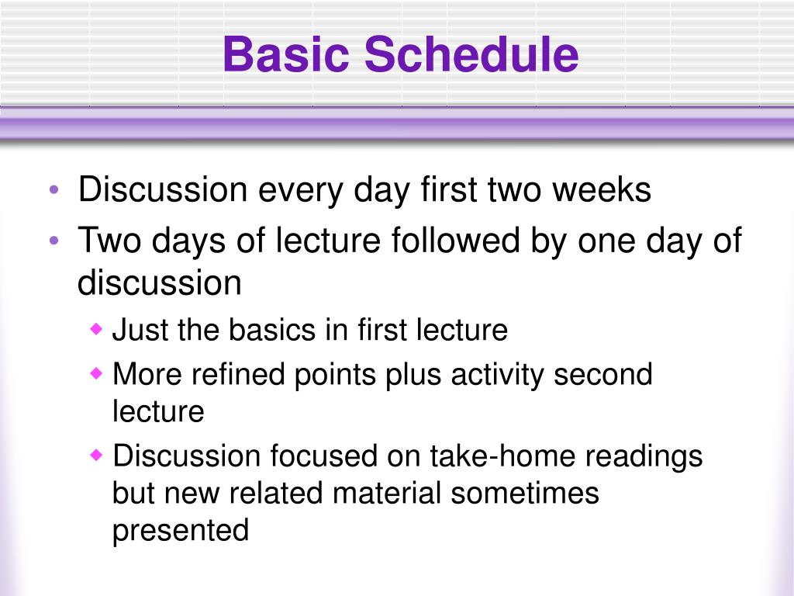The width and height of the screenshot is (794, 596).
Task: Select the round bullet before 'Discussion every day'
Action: pos(54,191)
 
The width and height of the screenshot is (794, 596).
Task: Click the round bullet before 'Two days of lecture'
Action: pos(54,241)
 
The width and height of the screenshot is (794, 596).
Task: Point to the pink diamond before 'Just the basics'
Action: pos(96,330)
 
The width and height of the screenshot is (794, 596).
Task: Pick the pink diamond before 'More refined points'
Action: pos(96,374)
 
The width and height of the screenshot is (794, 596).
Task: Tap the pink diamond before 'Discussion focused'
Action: pos(96,455)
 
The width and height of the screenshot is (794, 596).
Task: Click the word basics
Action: pos(272,330)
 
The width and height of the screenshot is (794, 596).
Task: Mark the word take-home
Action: pos(502,455)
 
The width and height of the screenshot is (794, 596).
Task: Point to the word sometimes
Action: pos(525,492)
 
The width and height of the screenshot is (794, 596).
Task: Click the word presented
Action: pos(181,531)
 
